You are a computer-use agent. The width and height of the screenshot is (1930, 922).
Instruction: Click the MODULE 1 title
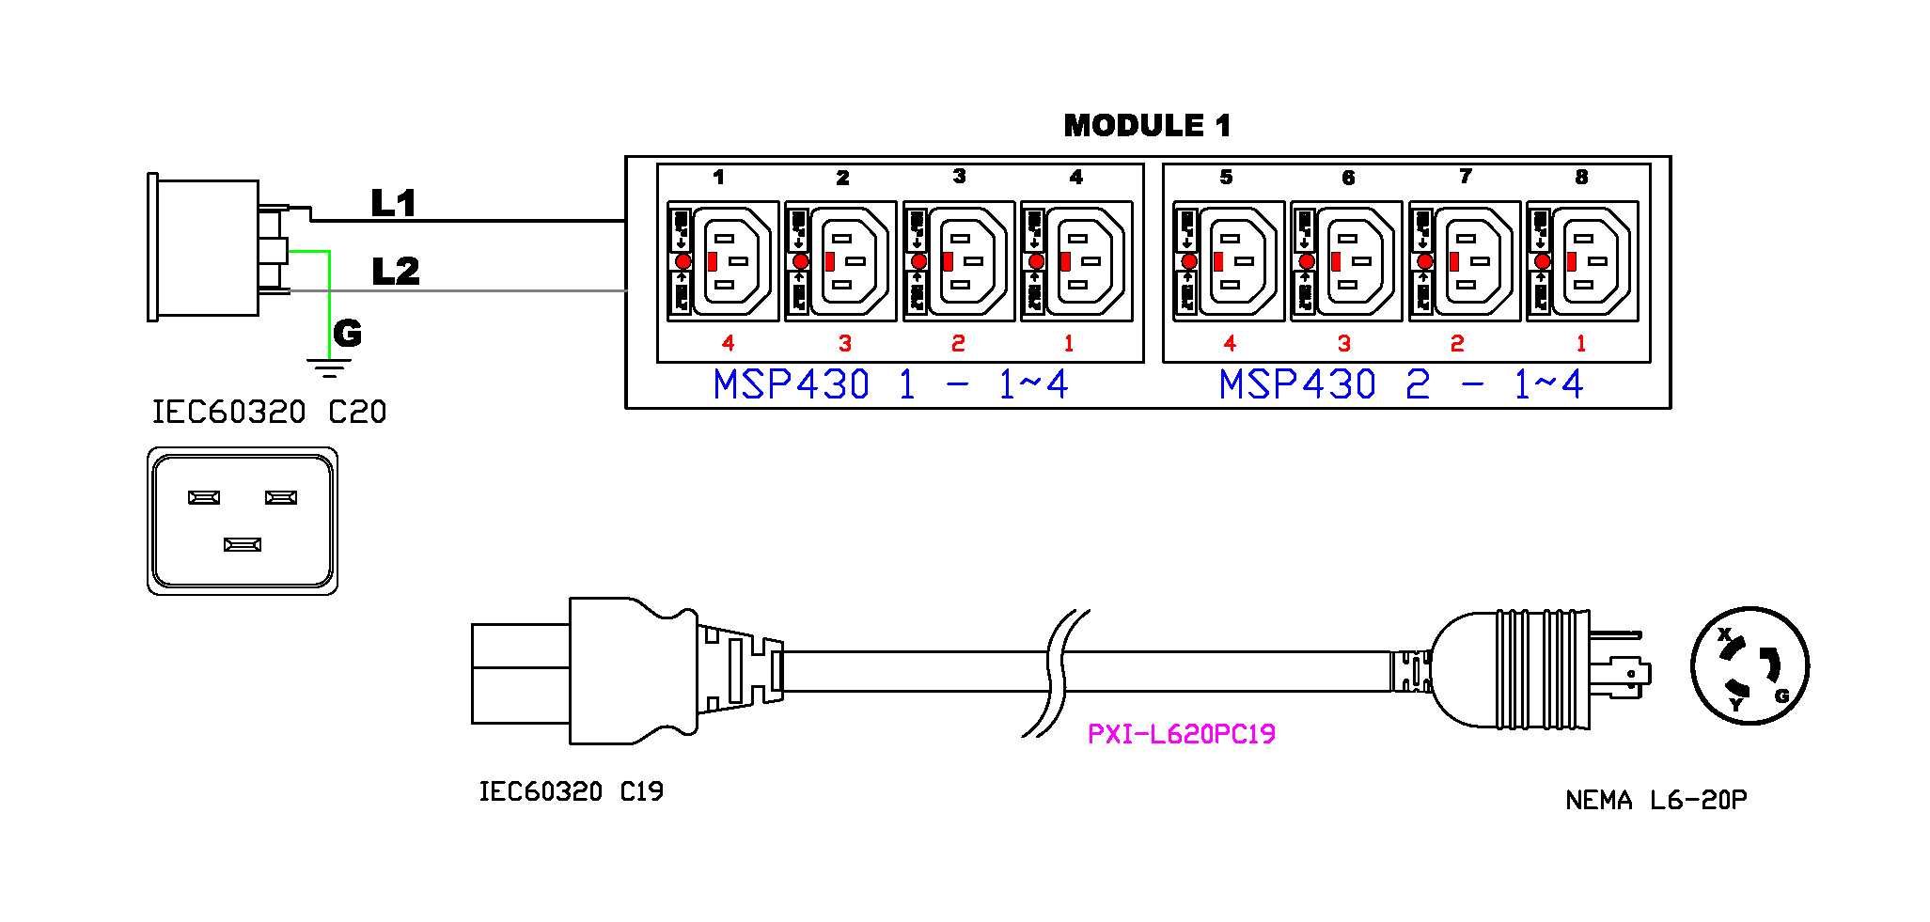(1147, 126)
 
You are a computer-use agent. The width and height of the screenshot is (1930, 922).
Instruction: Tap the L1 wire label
(393, 203)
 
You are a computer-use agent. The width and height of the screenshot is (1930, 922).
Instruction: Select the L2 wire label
(395, 272)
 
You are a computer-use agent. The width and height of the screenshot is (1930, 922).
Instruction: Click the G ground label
(347, 333)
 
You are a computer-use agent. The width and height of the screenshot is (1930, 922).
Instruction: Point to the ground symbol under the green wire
(328, 367)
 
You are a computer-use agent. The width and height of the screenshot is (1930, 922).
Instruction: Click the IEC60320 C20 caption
(269, 412)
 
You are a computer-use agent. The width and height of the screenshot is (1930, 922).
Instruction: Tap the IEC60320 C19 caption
(571, 791)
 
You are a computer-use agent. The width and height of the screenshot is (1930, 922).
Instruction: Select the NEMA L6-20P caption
(1655, 800)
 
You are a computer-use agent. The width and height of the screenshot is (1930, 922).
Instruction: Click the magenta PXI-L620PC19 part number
(1181, 734)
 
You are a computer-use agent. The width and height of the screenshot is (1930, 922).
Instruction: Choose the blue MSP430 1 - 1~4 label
(890, 384)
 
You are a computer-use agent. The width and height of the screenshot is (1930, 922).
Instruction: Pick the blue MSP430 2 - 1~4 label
(1401, 384)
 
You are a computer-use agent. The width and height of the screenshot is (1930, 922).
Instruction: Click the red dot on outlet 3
(919, 261)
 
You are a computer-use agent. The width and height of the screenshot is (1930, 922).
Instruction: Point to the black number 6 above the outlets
(1348, 178)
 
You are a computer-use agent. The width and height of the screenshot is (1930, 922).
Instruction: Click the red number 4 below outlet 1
(728, 343)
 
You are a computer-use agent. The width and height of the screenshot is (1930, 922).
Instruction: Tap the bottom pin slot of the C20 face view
(243, 544)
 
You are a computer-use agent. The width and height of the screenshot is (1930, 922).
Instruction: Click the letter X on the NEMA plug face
(1724, 634)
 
